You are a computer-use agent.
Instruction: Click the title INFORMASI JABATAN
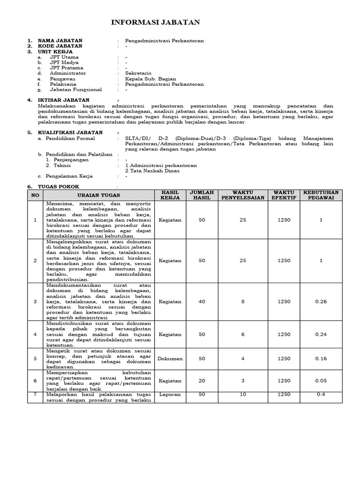click(x=155, y=22)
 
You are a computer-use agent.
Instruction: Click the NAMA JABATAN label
click(x=60, y=41)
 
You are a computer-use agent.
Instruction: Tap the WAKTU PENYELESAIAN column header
click(x=243, y=195)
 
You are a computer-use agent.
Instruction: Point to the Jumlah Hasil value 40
click(x=202, y=301)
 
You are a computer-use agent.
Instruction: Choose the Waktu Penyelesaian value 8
click(x=243, y=301)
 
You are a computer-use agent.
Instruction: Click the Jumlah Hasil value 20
click(x=202, y=381)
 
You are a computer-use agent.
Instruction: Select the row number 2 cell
click(x=35, y=261)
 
